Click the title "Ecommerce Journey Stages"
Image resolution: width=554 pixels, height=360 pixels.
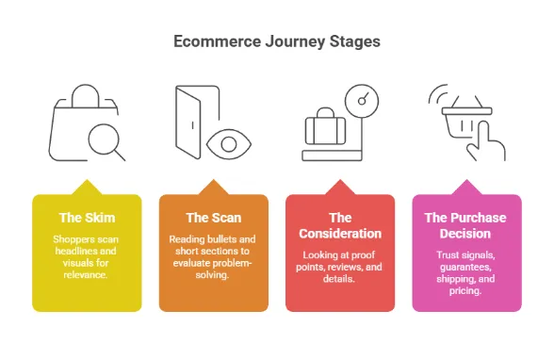(x=277, y=42)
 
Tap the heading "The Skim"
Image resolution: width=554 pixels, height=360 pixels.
(x=87, y=218)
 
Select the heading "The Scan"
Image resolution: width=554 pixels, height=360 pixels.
(x=213, y=218)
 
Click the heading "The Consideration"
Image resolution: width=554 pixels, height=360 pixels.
(x=340, y=225)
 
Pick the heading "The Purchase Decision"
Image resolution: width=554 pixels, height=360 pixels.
(x=466, y=225)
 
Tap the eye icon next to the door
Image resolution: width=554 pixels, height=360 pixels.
(x=228, y=144)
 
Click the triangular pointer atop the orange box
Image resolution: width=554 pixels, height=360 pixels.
(x=213, y=187)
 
